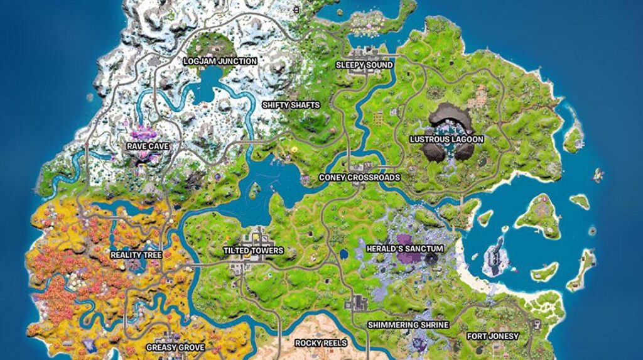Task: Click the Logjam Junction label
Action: point(219,62)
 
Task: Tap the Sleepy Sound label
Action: point(364,65)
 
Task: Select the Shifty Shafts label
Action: point(291,105)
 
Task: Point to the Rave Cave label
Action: point(148,146)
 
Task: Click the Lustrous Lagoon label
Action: point(446,139)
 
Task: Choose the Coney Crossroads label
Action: point(359,178)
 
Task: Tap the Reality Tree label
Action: point(136,255)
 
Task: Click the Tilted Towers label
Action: point(253,251)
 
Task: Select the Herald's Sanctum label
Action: point(405,249)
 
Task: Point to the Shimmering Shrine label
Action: point(408,325)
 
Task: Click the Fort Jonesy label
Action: point(493,336)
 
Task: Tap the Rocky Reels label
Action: point(321,343)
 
